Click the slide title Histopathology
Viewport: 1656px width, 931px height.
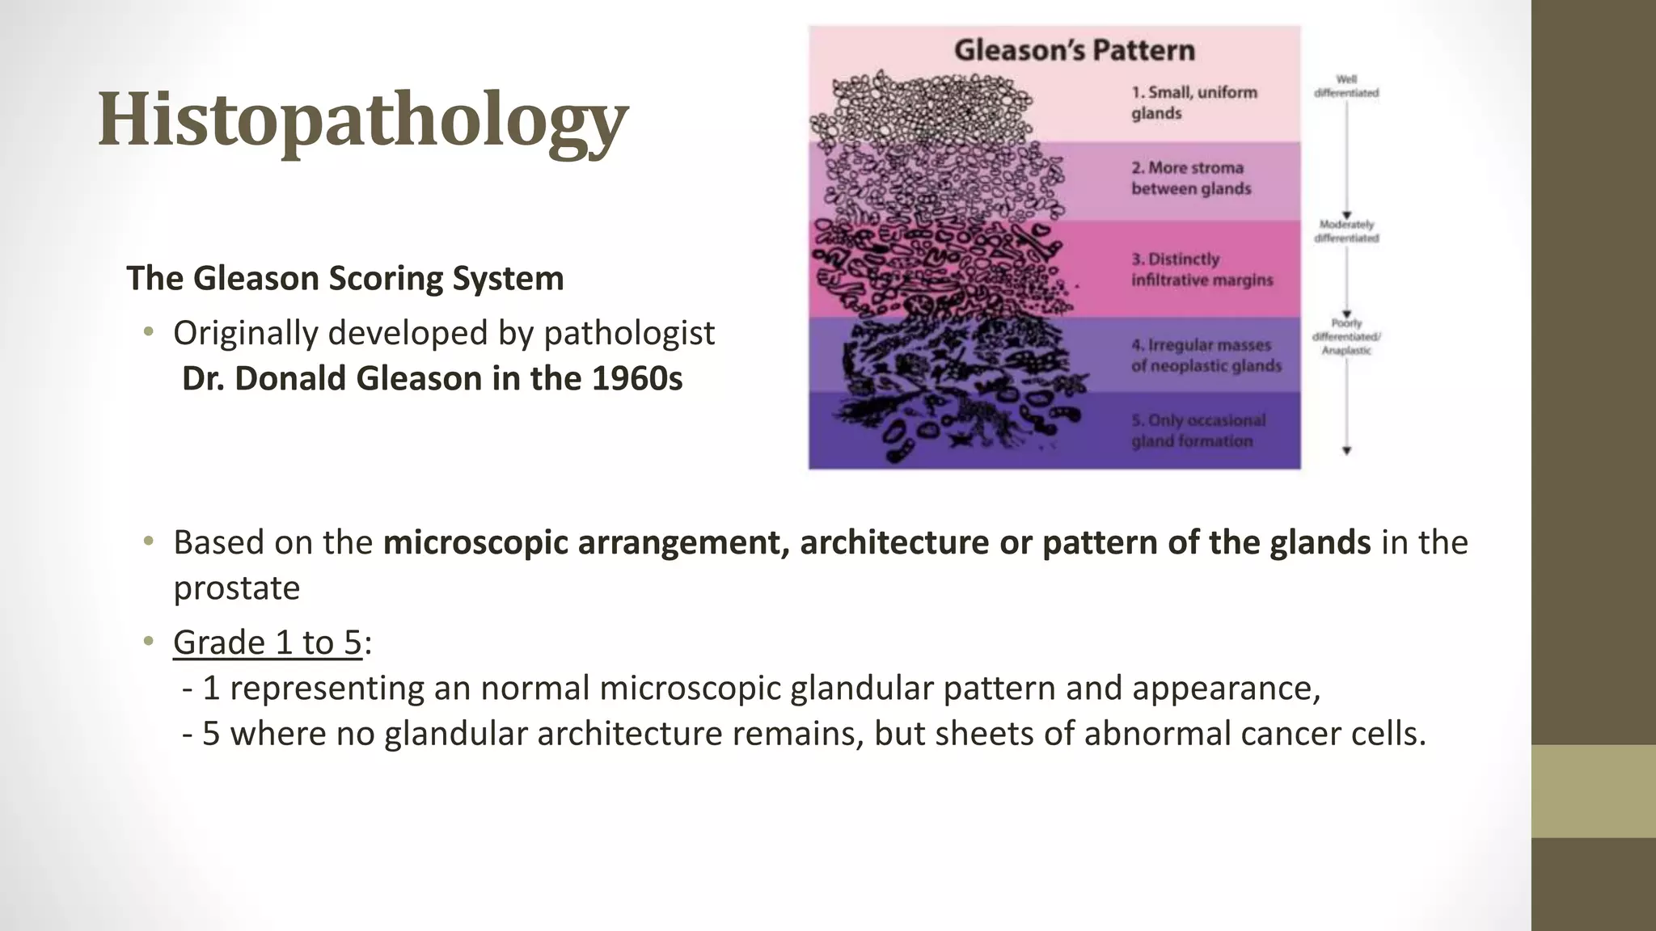point(362,120)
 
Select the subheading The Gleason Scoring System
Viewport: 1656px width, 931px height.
point(345,279)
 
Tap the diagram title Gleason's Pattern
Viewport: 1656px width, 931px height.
point(1074,50)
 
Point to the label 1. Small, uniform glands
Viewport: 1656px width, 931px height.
point(1193,103)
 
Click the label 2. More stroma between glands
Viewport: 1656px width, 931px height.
point(1190,179)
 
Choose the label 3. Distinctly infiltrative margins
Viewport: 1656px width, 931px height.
point(1202,270)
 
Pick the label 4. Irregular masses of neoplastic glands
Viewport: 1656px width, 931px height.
point(1206,356)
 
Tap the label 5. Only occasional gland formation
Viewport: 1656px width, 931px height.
point(1198,431)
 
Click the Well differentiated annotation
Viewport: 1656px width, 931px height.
point(1346,86)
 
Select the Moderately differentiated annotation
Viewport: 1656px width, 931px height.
point(1346,231)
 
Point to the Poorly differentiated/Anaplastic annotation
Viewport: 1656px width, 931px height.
point(1346,337)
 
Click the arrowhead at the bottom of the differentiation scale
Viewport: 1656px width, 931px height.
point(1346,451)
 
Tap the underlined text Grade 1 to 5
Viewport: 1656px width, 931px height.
point(267,643)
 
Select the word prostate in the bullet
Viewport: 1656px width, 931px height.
point(236,588)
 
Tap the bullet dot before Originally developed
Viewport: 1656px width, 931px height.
point(148,332)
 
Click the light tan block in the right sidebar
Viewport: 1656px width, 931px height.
point(1593,791)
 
